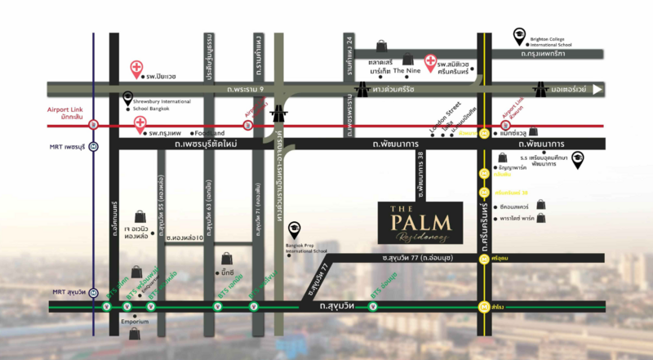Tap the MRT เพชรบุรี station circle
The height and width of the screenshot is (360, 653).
pos(94,147)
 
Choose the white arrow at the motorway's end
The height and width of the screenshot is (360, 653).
pos(597,89)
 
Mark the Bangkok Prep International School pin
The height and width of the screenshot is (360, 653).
pos(295,229)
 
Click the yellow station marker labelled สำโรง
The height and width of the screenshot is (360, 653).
pos(483,308)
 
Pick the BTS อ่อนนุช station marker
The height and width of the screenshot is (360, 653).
pos(373,308)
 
